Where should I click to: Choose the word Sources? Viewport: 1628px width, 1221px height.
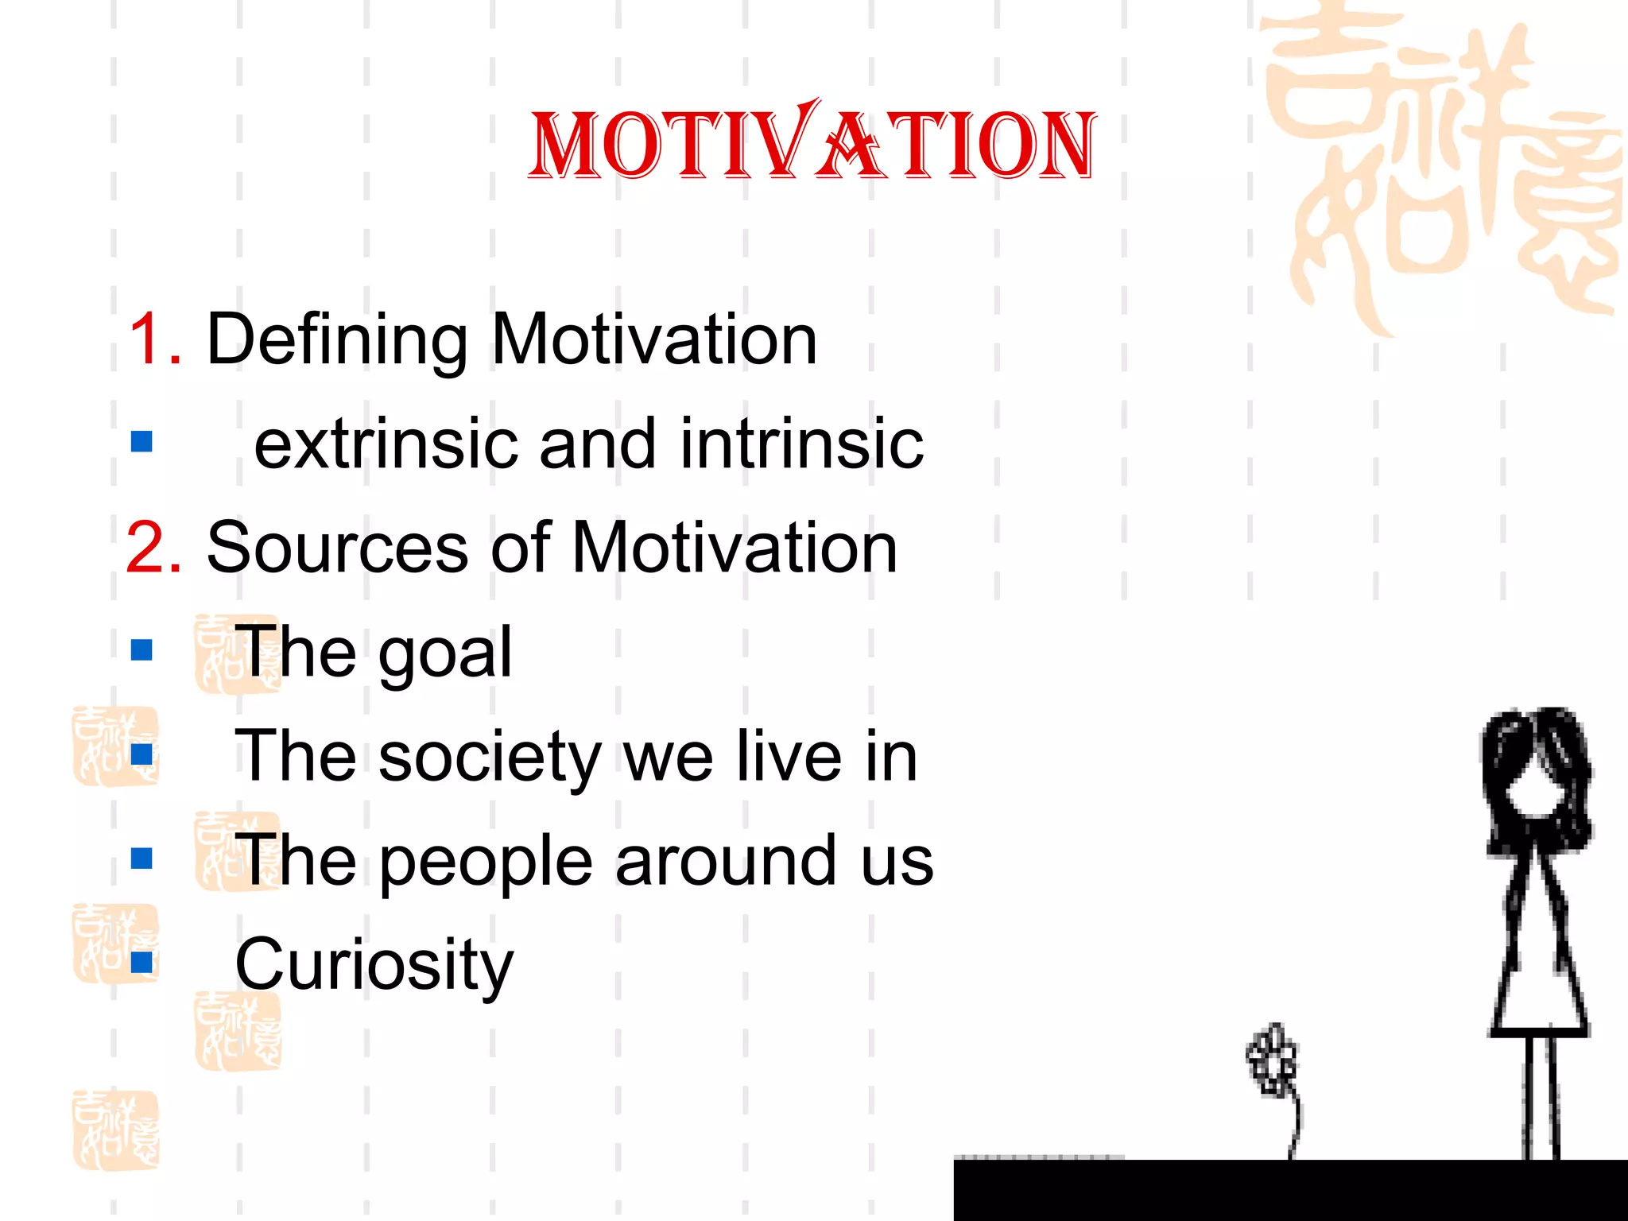point(337,548)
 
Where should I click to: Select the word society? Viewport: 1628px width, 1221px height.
point(490,758)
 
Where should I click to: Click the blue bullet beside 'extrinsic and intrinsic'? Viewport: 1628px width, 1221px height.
point(141,441)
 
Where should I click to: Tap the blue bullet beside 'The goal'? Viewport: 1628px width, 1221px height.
point(141,650)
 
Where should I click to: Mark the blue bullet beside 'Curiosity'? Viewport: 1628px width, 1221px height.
point(141,963)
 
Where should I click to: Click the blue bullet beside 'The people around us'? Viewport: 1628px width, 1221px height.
point(141,859)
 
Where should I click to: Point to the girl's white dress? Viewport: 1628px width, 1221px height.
point(1538,978)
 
